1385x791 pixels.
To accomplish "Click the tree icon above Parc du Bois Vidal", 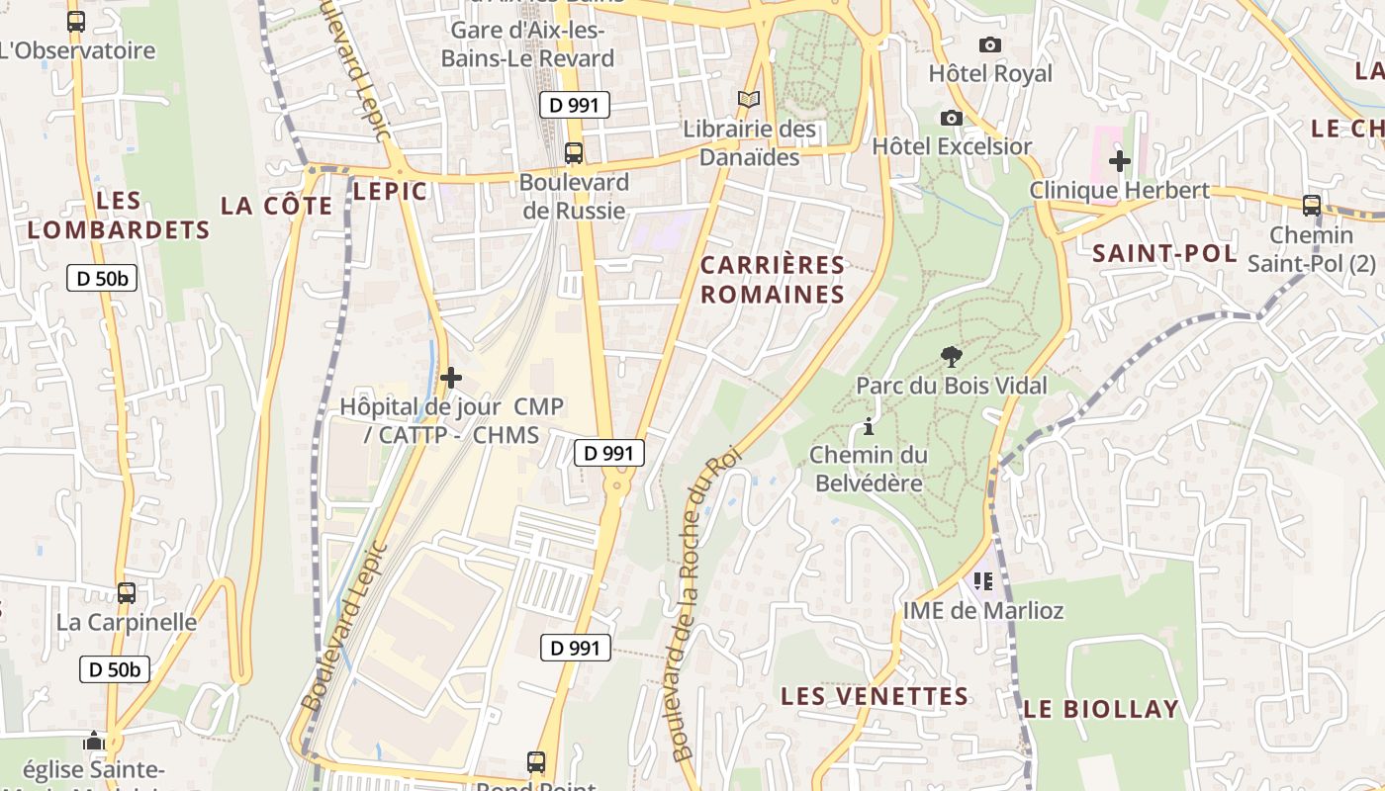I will click(x=951, y=356).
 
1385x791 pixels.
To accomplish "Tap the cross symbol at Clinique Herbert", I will click(x=1120, y=160).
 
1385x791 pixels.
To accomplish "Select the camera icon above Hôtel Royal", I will click(x=989, y=44).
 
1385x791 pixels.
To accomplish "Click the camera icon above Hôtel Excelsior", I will click(x=952, y=118).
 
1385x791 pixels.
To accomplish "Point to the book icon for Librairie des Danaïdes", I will click(x=749, y=100).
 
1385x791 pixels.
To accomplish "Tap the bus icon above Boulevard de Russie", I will click(x=573, y=153).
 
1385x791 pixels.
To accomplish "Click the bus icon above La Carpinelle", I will click(x=127, y=593).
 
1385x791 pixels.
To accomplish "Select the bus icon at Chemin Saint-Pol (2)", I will click(x=1312, y=206).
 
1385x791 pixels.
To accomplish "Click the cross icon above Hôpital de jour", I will click(x=451, y=378).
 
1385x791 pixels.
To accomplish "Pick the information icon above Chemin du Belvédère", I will click(x=869, y=427).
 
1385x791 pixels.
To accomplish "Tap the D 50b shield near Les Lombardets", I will click(x=102, y=279).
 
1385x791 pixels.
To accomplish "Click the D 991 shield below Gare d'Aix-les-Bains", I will click(x=574, y=105).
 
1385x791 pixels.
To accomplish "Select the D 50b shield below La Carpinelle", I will click(x=115, y=669).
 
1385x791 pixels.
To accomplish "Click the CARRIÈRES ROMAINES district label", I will click(x=773, y=280).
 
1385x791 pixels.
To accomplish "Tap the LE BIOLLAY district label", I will click(x=1101, y=709).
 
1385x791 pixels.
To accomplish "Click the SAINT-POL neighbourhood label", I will click(x=1164, y=253).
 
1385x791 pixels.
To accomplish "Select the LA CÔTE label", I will click(x=276, y=206).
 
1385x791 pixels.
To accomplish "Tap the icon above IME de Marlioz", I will click(x=982, y=581).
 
